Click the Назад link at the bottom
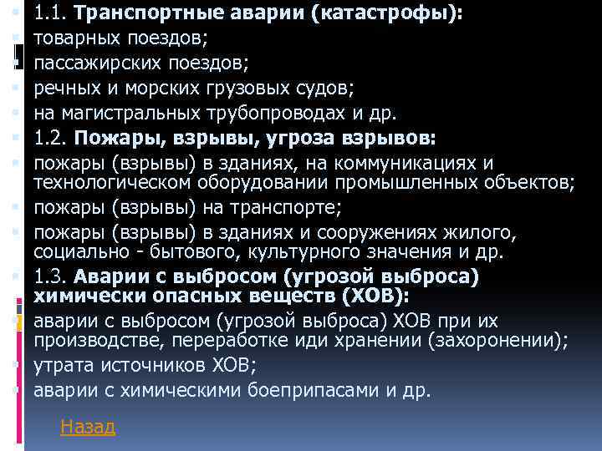88,428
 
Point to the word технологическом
111,181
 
